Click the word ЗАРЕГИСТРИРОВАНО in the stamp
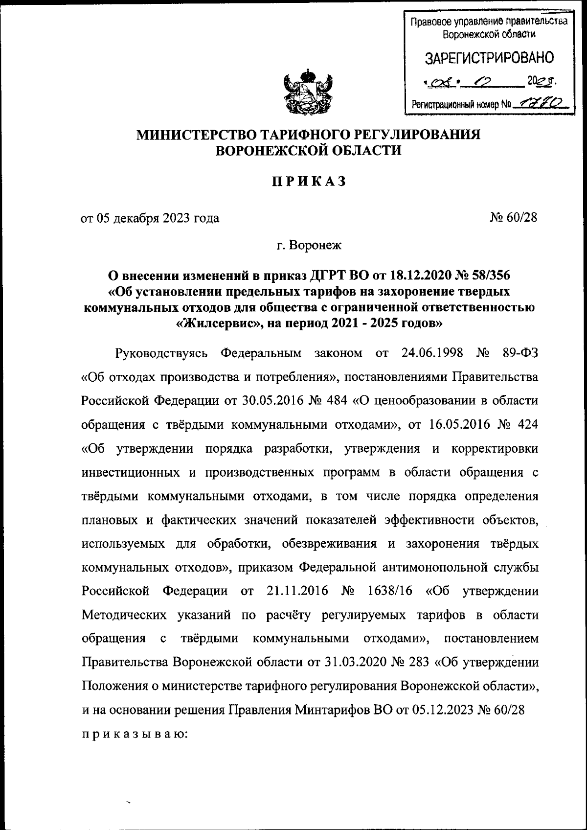point(489,58)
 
